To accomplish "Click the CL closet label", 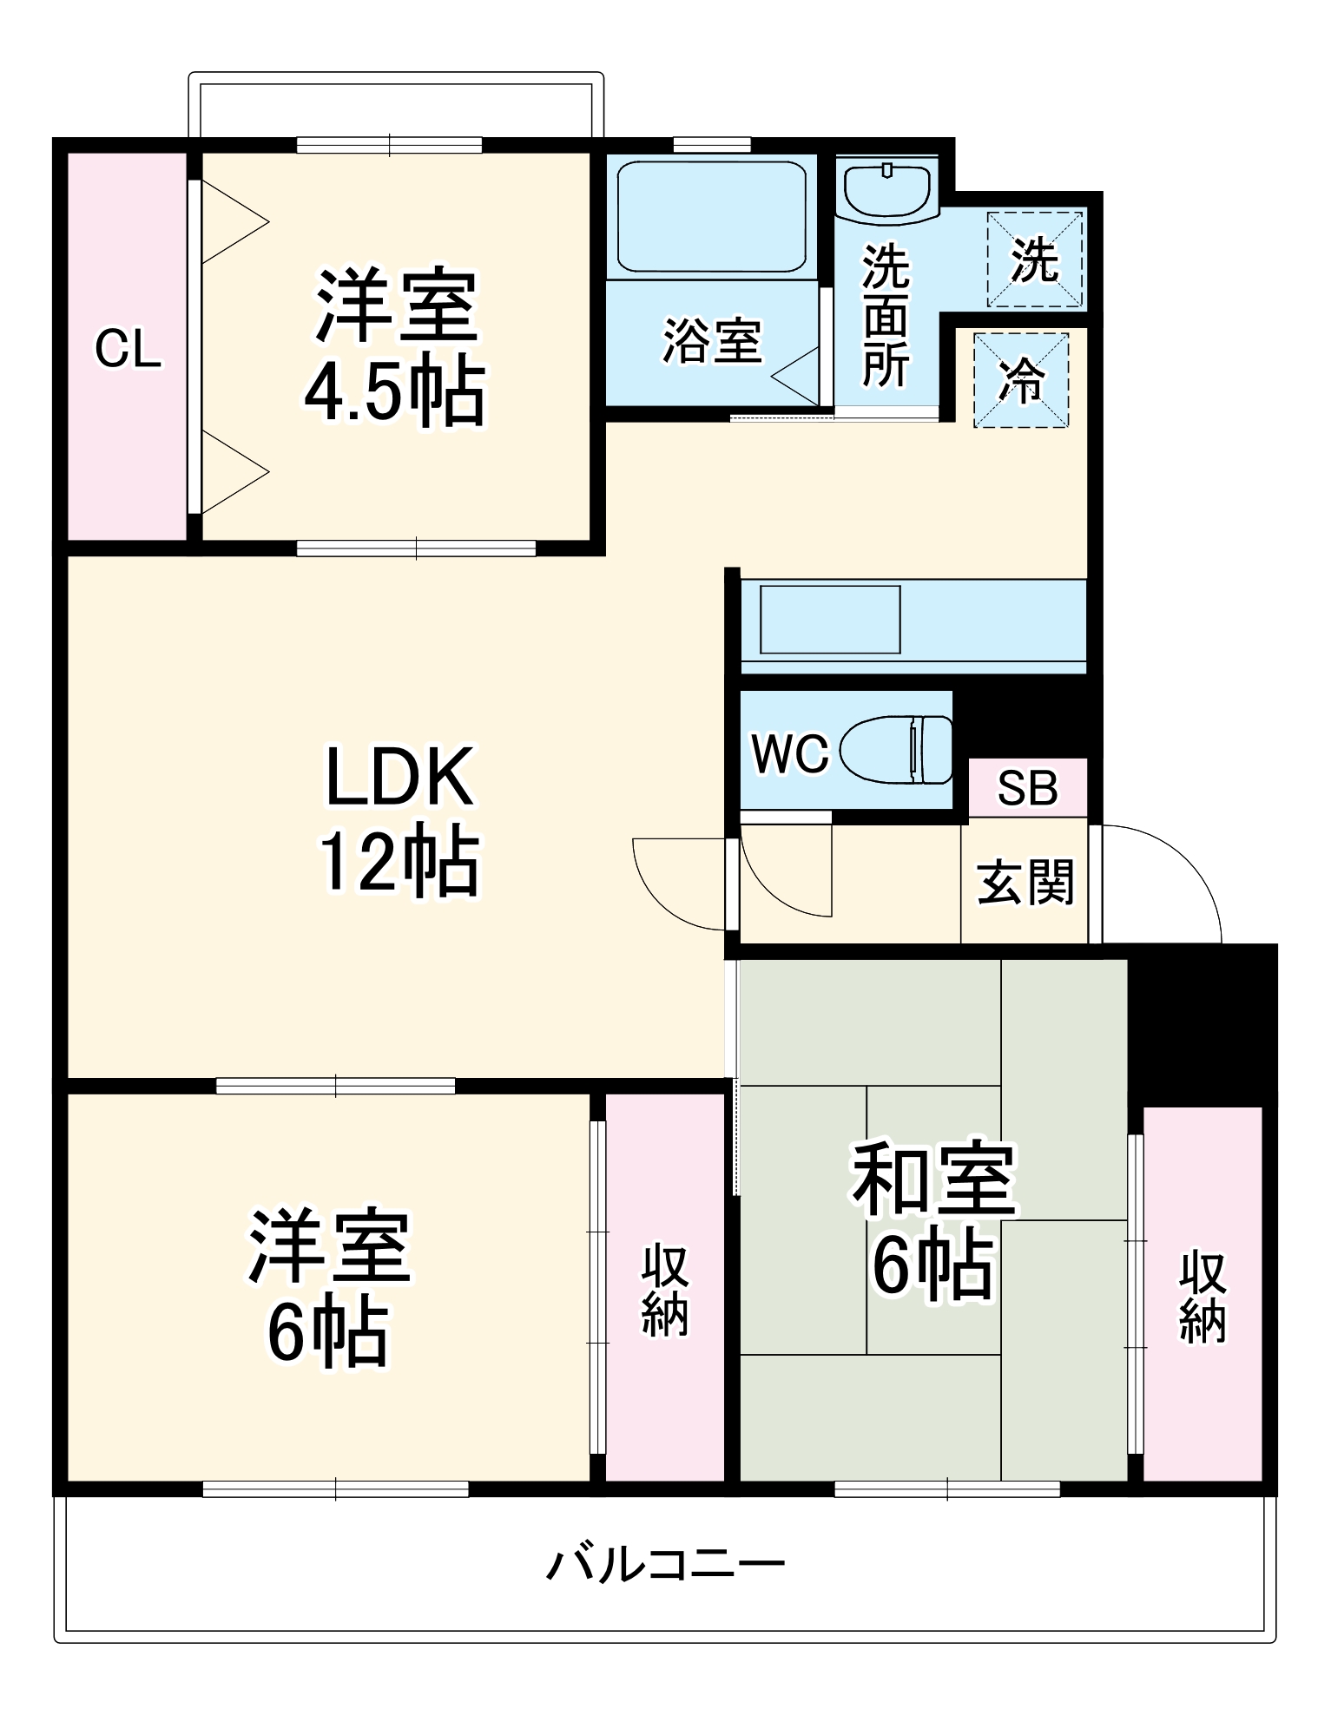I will (128, 349).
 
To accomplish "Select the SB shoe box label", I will (1027, 788).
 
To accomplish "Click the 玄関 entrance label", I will (1025, 882).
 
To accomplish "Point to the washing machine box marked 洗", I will (1035, 259).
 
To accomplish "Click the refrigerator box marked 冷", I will (1021, 380).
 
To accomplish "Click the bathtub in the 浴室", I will (711, 217).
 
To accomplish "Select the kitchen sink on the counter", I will (830, 620).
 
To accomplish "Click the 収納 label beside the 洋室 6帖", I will (665, 1290).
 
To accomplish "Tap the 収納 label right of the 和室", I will (1203, 1297).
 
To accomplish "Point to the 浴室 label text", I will (712, 340).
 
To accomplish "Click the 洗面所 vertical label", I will (886, 316).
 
